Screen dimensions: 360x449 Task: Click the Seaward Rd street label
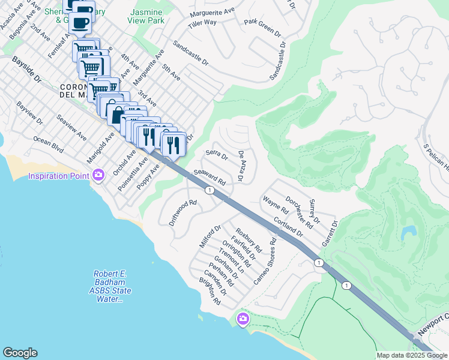(209, 177)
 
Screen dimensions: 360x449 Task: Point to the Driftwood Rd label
(183, 212)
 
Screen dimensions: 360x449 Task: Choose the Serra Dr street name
(217, 155)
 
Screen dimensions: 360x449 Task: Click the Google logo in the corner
(20, 353)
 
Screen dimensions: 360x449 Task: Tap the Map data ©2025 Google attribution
(412, 355)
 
